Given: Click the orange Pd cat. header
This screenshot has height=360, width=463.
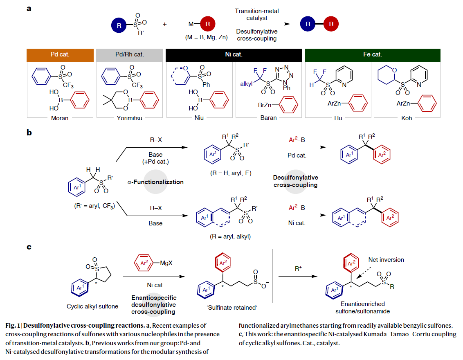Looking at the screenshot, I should click(x=60, y=54).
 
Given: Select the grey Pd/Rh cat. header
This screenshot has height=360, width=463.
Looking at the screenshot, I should click(x=130, y=54).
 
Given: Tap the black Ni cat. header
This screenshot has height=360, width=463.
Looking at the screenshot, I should click(x=234, y=54).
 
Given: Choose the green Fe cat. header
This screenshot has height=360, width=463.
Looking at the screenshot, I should click(x=373, y=54).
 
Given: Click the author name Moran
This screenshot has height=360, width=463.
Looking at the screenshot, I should click(x=60, y=118).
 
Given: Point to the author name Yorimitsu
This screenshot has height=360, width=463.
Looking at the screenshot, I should click(x=130, y=118).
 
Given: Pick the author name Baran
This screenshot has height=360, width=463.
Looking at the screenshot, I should click(x=268, y=118).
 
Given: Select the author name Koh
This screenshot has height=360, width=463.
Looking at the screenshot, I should click(x=407, y=118).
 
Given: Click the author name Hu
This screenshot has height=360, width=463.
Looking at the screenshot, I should click(x=338, y=118).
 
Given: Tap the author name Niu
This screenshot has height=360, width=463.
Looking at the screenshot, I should click(x=199, y=118).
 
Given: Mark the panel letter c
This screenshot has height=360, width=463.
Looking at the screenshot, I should click(x=29, y=247).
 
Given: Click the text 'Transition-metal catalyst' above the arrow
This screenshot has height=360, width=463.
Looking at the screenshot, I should click(x=256, y=15).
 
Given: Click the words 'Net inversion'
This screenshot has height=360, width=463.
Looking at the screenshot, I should click(x=386, y=260).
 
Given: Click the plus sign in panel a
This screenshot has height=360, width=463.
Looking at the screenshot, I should click(x=165, y=25).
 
